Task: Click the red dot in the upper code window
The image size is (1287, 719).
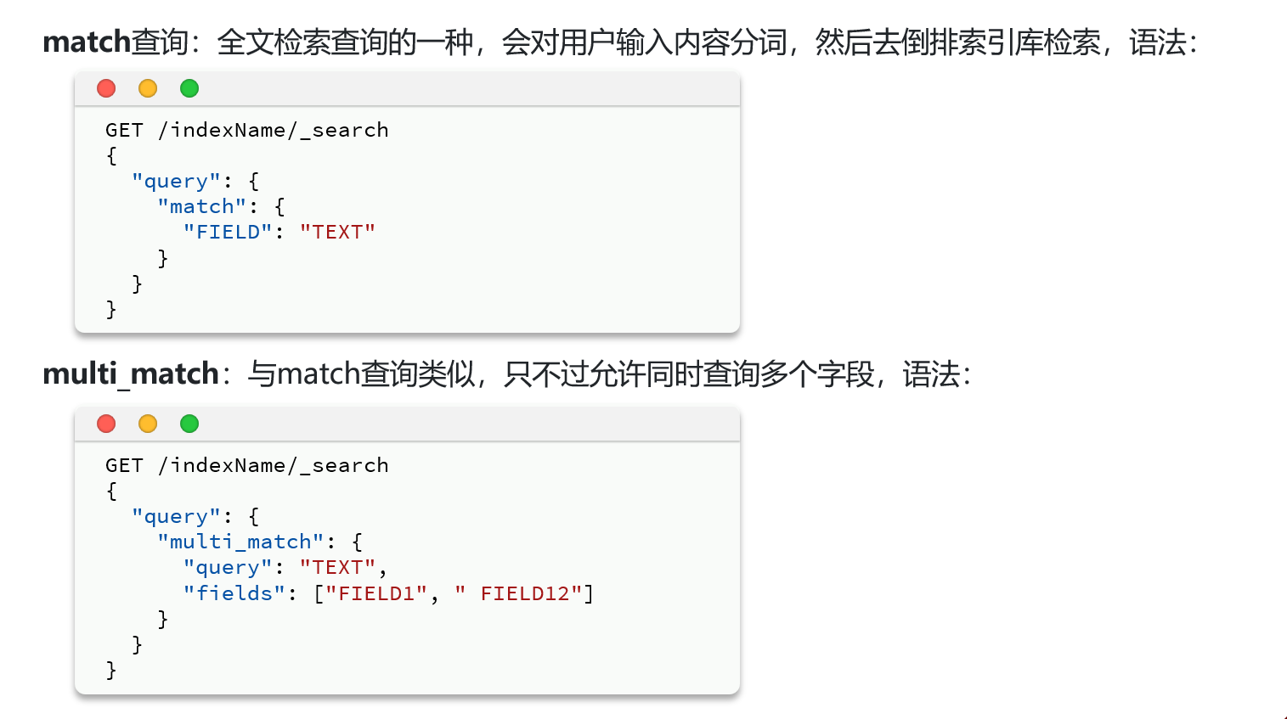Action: [106, 88]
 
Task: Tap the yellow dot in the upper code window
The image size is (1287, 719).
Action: [148, 88]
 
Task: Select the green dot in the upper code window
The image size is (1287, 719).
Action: [189, 88]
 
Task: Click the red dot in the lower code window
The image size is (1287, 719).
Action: [106, 424]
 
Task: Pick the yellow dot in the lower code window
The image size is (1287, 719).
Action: [148, 424]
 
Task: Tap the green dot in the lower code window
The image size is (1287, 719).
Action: [189, 424]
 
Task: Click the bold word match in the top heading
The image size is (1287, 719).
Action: [87, 42]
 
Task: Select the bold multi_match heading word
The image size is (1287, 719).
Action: [131, 374]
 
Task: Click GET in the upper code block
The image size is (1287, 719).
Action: [124, 130]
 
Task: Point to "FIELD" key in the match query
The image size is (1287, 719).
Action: [228, 233]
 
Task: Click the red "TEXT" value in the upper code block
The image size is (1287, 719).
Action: [337, 233]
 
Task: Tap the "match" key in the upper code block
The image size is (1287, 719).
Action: [201, 207]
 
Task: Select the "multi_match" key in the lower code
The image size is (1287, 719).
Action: [240, 542]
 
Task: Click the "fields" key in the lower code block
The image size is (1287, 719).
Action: [234, 593]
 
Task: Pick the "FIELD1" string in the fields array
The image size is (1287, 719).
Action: [376, 593]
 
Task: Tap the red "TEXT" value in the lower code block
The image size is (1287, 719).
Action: [337, 568]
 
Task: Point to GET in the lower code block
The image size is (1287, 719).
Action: [124, 465]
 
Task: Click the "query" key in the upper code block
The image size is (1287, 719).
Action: [176, 182]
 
